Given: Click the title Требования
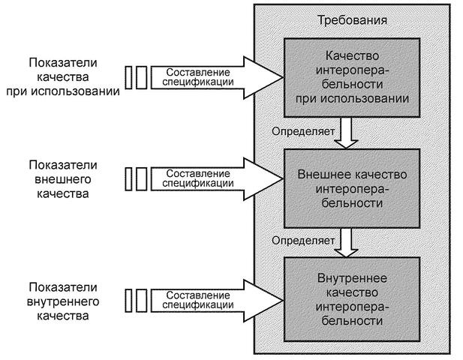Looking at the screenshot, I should [353, 20].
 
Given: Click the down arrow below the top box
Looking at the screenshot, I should [346, 133].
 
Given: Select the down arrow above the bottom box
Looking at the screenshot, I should [346, 241].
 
